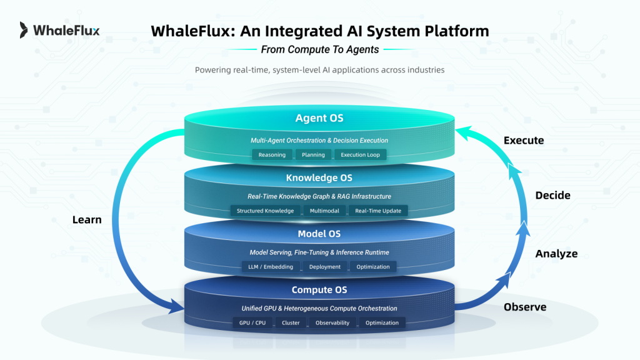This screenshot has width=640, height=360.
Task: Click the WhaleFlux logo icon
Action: tap(24, 29)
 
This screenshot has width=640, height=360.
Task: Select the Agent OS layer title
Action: tap(319, 117)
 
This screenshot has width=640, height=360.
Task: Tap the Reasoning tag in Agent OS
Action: tap(272, 154)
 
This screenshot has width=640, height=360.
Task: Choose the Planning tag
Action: tap(312, 154)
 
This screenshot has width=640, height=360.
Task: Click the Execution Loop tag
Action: tap(360, 154)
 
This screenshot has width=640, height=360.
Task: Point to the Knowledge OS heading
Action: tap(319, 178)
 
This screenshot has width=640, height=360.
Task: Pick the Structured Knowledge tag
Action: tap(265, 211)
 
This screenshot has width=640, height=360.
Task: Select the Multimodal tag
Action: tap(324, 211)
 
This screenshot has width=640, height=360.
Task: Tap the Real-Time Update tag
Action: tap(377, 211)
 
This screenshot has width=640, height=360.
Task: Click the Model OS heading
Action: tap(319, 234)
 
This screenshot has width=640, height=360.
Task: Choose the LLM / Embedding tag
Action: tap(271, 267)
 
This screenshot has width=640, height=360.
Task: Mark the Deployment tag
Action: tap(324, 267)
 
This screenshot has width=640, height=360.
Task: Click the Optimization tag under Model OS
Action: tap(372, 267)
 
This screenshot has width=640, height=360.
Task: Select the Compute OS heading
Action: tap(319, 290)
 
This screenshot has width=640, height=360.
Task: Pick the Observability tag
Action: tap(332, 323)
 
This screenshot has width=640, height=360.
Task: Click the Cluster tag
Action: tap(291, 323)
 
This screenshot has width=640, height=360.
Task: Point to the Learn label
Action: tap(87, 219)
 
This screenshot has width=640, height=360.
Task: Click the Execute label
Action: tap(524, 141)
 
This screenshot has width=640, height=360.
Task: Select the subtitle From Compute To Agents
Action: tap(319, 49)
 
